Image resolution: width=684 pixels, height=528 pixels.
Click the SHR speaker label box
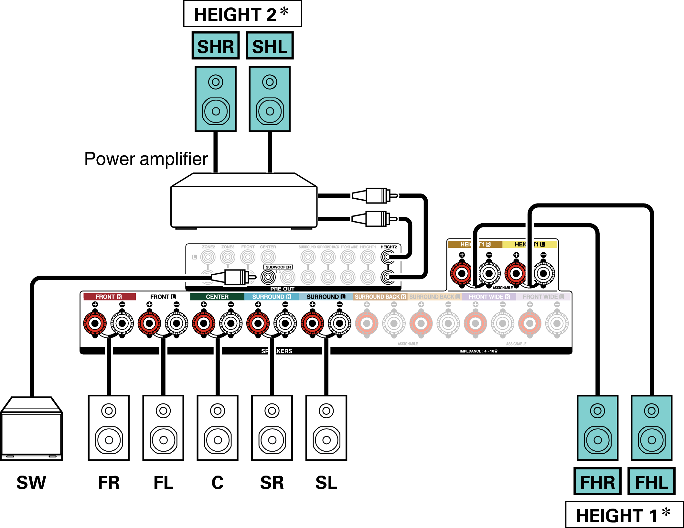point(216,46)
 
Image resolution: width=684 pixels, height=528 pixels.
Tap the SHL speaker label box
point(270,46)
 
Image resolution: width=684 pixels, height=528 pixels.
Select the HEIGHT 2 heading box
point(242,14)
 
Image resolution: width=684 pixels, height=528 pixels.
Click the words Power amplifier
point(146,159)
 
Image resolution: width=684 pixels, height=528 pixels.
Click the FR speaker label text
point(109,483)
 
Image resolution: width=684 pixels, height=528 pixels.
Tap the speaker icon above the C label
point(218,427)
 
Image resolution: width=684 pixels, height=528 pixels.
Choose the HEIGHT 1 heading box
point(624,515)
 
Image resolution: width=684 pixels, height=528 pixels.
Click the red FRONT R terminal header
point(109,297)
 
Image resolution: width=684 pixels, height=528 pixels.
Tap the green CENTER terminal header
point(217,297)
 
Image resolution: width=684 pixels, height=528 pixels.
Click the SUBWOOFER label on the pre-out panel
point(278,267)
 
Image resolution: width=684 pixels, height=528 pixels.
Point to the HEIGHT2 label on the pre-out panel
point(389,247)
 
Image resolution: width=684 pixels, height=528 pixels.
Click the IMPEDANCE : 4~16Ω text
point(478,351)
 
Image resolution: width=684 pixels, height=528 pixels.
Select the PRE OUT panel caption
point(282,289)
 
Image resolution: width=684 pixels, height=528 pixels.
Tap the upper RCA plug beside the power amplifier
point(375,195)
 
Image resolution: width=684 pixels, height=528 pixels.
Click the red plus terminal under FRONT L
point(149,323)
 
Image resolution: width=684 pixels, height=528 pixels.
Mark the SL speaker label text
point(326,483)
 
